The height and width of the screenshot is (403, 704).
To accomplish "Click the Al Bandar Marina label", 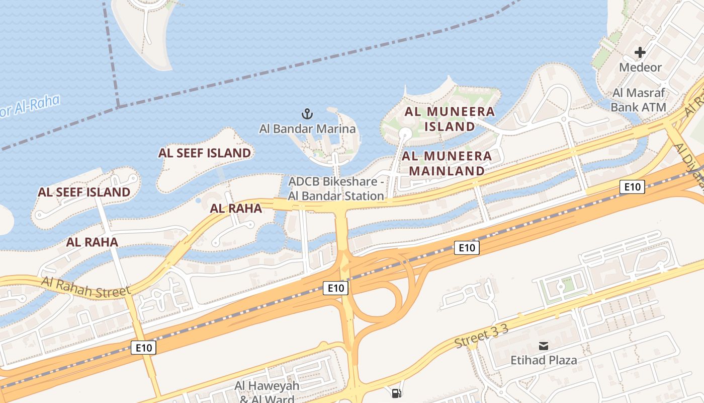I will tap(307, 129).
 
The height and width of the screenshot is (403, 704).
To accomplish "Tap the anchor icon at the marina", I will tap(307, 114).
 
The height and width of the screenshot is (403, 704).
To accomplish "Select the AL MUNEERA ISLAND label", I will tap(450, 119).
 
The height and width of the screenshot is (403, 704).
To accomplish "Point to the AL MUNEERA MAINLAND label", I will tap(447, 163).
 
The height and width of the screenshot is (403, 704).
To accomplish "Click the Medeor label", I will tap(640, 67).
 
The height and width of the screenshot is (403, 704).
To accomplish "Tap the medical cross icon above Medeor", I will tap(640, 52).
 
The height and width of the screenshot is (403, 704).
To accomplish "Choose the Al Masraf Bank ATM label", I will tap(639, 100).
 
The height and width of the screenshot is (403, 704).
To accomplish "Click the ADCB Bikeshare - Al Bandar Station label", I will tap(336, 188).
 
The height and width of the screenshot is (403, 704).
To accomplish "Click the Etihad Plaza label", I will tap(544, 360).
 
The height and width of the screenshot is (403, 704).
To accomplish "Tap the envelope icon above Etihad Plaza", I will tap(544, 346).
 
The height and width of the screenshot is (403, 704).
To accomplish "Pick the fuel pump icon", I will tap(397, 393).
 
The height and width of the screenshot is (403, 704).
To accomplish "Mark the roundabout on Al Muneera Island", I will tap(405, 133).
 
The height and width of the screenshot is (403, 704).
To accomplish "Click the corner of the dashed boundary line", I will tap(118, 106).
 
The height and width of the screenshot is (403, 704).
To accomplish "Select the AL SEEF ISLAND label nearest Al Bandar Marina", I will tap(205, 153).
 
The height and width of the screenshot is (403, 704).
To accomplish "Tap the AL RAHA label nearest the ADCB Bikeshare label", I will tap(236, 208).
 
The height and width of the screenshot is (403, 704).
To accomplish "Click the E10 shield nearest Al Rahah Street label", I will tap(144, 347).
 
